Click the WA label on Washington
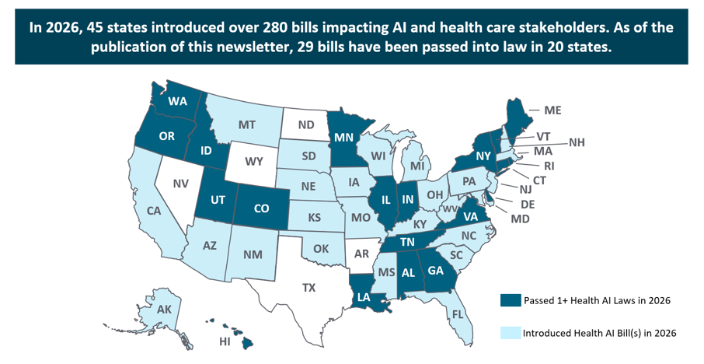click(x=178, y=101)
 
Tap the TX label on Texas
click(x=309, y=287)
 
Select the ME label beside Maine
click(x=552, y=110)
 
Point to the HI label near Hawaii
click(x=225, y=342)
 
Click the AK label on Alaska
click(x=164, y=310)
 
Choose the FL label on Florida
click(x=458, y=314)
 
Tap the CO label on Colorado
click(x=261, y=208)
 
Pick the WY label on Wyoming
click(x=254, y=161)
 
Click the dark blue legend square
click(x=506, y=300)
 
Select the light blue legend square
click(x=506, y=333)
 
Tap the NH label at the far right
click(x=577, y=143)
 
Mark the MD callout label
click(x=520, y=219)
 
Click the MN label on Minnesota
click(x=344, y=138)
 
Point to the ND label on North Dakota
click(x=306, y=125)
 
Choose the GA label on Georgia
click(x=435, y=271)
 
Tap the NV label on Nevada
click(x=180, y=184)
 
